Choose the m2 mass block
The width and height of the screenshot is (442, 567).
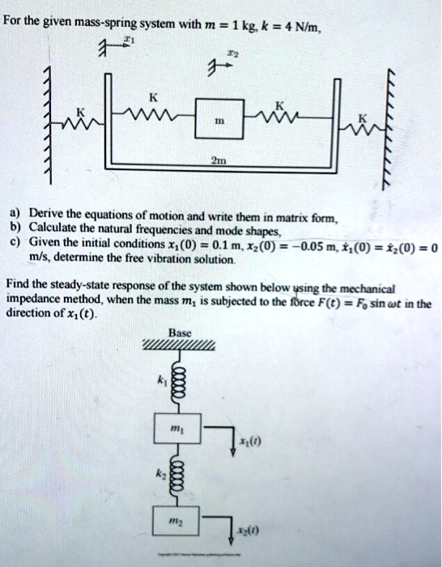pos(176,522)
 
